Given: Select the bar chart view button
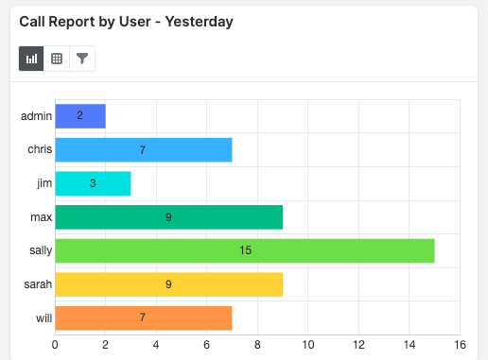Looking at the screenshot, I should click(31, 59).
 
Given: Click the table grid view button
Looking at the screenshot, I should click(57, 59).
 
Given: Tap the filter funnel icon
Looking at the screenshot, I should click(82, 59).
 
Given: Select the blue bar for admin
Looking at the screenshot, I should click(80, 115).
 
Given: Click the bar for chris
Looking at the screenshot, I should click(144, 149).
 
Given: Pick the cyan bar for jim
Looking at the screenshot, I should click(93, 183).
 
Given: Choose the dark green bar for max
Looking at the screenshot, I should click(168, 217).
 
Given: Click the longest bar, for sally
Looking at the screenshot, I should click(244, 250).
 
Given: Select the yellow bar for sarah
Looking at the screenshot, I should click(168, 284).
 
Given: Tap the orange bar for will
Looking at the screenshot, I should click(144, 318).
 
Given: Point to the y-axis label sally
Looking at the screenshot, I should click(39, 250).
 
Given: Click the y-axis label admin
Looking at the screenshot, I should click(35, 115).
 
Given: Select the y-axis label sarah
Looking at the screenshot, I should click(37, 284).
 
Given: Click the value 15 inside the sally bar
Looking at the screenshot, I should click(244, 250).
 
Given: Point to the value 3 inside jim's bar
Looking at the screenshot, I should click(93, 183).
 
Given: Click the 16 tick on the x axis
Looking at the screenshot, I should click(460, 345).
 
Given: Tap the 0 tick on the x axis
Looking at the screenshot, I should click(55, 345).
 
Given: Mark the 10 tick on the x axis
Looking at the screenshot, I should click(307, 345).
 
